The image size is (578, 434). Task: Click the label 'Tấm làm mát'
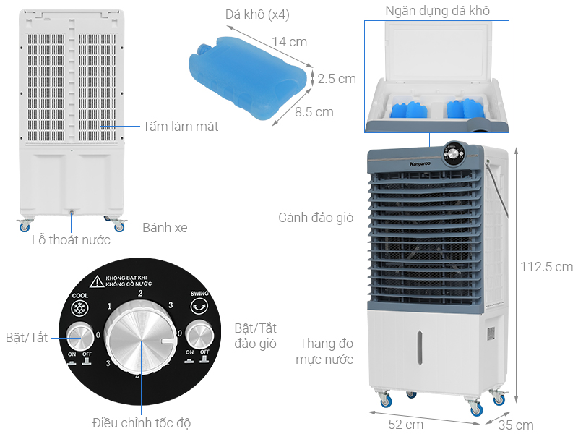(x=180, y=127)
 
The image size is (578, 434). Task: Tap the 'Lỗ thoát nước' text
(x=71, y=240)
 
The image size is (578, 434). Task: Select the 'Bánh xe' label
(x=164, y=228)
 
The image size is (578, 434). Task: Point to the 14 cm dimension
(x=289, y=42)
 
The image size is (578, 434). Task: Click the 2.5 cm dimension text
(x=337, y=79)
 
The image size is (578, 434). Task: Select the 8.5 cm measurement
(x=314, y=112)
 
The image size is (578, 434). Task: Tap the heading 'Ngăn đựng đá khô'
(x=437, y=10)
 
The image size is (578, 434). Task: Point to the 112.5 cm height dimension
(x=546, y=267)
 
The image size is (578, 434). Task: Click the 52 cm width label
(x=405, y=424)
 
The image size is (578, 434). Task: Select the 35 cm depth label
(x=517, y=425)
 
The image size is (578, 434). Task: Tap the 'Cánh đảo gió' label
(x=316, y=217)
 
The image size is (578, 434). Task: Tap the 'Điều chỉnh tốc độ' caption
(x=142, y=422)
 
